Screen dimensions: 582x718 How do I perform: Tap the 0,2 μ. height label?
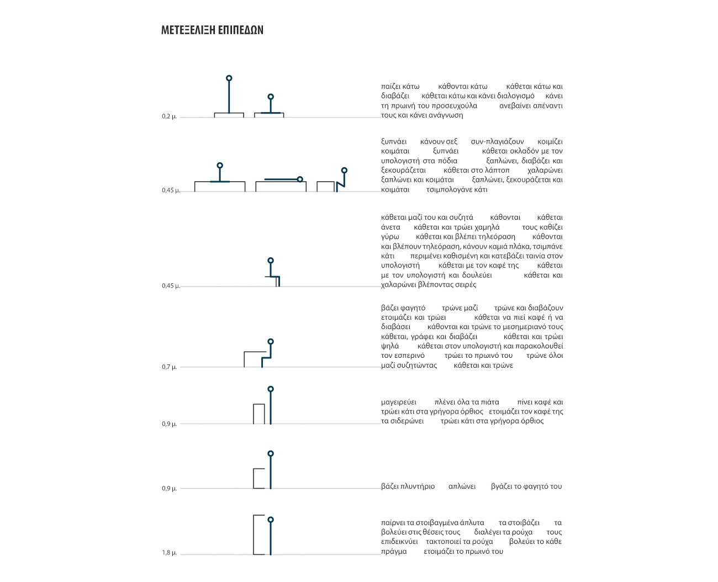coord(169,117)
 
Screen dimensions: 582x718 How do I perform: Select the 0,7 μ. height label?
coord(169,367)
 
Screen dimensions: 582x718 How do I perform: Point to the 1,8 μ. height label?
coord(169,553)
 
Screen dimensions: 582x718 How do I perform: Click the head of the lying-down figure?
coord(300,179)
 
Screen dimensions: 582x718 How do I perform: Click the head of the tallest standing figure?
coord(229,78)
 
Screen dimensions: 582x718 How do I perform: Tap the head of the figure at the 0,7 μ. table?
coord(271,342)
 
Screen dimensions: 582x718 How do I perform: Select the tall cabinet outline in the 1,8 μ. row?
coord(259,535)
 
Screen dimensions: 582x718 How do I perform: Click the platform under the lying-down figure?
coord(281,187)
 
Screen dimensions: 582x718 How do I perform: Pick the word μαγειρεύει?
coord(399,402)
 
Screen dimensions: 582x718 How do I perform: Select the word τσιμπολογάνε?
coord(449,189)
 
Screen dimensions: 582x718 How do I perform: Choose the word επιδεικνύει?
coord(399,542)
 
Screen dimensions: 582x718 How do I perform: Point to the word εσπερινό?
coord(409,356)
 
